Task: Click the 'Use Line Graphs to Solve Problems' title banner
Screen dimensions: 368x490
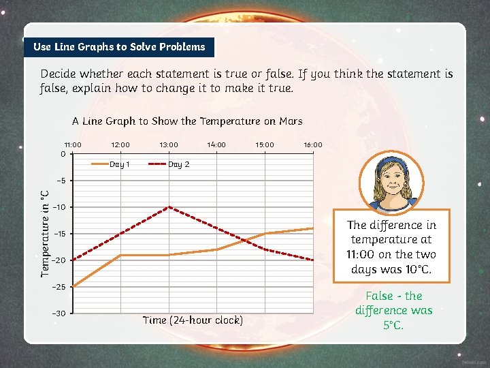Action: [x=119, y=47]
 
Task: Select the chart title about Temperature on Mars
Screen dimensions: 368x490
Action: [x=187, y=121]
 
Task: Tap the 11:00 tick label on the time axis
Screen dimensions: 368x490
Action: [x=73, y=144]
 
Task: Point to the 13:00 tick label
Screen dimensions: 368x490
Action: [x=169, y=144]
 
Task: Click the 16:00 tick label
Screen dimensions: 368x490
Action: [x=313, y=144]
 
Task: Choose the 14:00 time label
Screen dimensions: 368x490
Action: [x=216, y=144]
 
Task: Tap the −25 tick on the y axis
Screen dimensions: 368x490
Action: [x=59, y=287]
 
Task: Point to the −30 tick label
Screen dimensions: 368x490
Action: [x=59, y=313]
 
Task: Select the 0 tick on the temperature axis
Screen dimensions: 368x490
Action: [x=63, y=153]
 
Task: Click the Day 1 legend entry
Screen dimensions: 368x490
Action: [x=111, y=164]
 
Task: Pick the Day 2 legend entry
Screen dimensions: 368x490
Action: [x=169, y=164]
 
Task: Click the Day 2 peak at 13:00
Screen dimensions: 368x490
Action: [x=169, y=206]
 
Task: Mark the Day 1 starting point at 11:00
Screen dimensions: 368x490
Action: [x=72, y=287]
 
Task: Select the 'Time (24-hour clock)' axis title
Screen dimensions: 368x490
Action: [x=193, y=320]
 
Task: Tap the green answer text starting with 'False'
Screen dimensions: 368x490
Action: [x=394, y=310]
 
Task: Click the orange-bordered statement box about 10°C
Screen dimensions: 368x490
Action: [x=391, y=247]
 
